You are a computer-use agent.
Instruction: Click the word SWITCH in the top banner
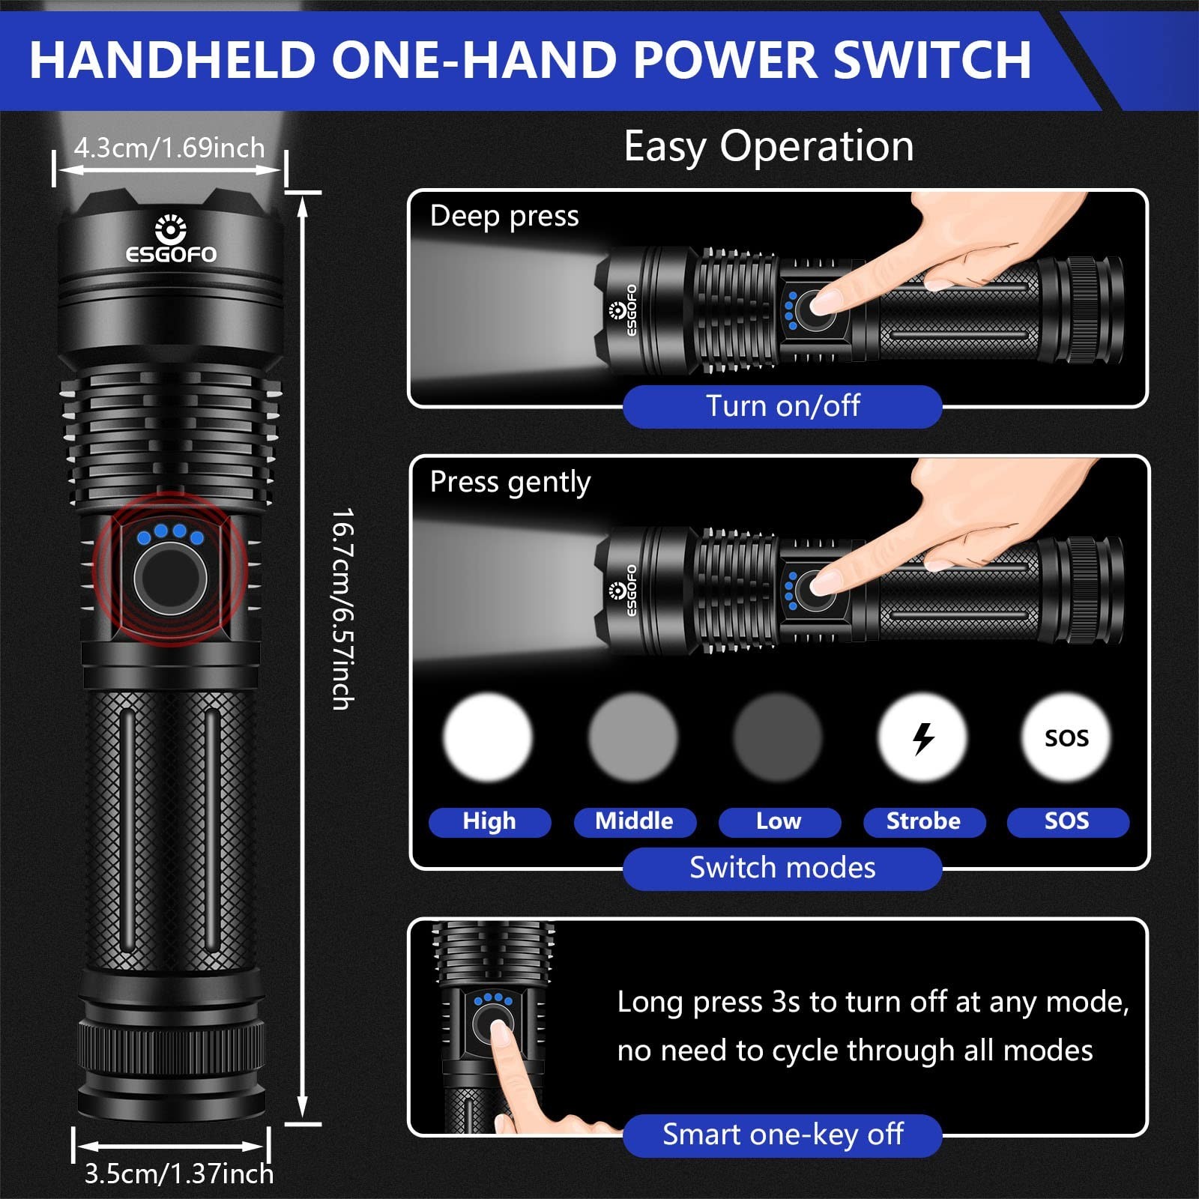pyautogui.click(x=932, y=59)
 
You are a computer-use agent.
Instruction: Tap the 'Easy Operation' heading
pyautogui.click(x=769, y=146)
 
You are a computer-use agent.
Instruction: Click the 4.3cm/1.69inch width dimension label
pyautogui.click(x=169, y=148)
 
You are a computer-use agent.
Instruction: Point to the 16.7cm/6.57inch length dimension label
pyautogui.click(x=342, y=608)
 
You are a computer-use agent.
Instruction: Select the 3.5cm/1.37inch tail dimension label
pyautogui.click(x=178, y=1174)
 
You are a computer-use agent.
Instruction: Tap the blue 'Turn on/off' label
pyautogui.click(x=782, y=406)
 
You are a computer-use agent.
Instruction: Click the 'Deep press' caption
pyautogui.click(x=504, y=216)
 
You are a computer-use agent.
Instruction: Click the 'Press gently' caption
pyautogui.click(x=510, y=482)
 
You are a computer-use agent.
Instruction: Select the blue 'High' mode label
pyautogui.click(x=489, y=821)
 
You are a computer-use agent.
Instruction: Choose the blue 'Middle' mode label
pyautogui.click(x=634, y=821)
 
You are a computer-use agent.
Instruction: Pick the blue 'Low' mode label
pyautogui.click(x=779, y=821)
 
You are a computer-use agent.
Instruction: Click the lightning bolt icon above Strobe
pyautogui.click(x=923, y=738)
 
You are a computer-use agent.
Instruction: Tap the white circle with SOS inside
pyautogui.click(x=1066, y=738)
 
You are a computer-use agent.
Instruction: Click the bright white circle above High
pyautogui.click(x=488, y=738)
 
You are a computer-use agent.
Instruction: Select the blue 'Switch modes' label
pyautogui.click(x=782, y=868)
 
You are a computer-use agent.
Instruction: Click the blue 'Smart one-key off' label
pyautogui.click(x=782, y=1135)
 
